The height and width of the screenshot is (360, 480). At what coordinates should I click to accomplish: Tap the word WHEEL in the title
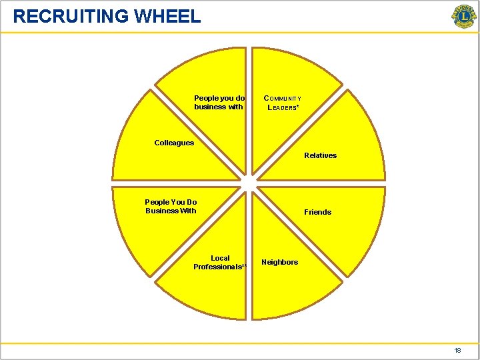tap(167, 16)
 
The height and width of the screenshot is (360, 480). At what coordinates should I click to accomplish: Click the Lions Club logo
tap(463, 17)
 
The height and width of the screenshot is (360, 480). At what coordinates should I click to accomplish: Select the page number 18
tap(457, 351)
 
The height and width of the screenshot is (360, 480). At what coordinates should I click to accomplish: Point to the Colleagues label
tap(174, 143)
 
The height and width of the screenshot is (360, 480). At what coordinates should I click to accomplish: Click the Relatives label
tap(320, 155)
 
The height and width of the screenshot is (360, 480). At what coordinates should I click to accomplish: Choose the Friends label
tap(317, 212)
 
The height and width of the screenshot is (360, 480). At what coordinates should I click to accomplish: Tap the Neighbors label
tap(279, 262)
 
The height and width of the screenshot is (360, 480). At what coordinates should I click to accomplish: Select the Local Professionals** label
tap(220, 263)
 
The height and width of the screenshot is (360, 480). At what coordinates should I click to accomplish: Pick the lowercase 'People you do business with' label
tap(219, 102)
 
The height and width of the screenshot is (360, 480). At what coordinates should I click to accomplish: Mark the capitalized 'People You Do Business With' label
tap(171, 207)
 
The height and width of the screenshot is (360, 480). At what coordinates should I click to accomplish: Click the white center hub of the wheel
tap(248, 183)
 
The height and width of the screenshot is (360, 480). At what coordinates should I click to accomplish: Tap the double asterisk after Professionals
tap(244, 267)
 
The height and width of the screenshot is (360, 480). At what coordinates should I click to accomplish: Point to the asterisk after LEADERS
tap(297, 106)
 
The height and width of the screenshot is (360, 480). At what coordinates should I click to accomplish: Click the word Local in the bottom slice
tap(220, 258)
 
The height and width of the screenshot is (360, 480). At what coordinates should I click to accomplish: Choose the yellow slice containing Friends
tap(333, 227)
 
